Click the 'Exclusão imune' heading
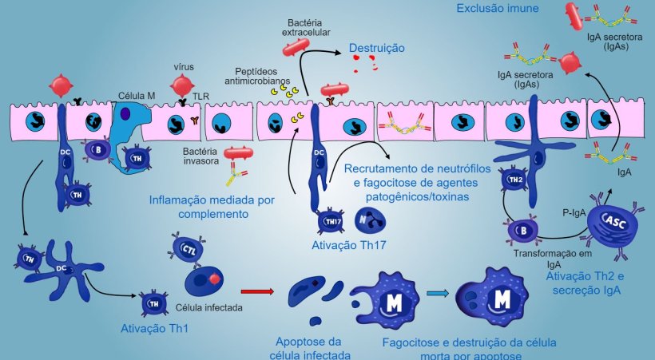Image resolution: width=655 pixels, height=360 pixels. (498, 9)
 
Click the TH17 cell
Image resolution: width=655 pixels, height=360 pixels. (329, 219)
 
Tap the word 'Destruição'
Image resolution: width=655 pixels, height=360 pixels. (375, 49)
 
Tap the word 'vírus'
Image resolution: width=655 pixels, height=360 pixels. (185, 68)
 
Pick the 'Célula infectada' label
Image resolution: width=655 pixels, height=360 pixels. (209, 307)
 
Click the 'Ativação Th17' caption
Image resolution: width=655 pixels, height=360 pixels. (349, 244)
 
